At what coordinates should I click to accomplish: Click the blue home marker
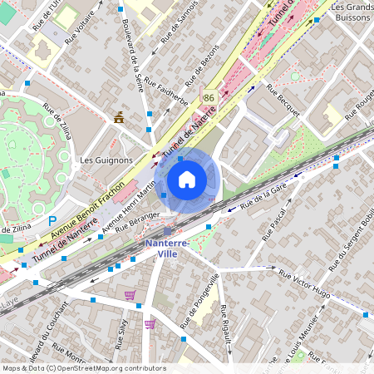(187, 180)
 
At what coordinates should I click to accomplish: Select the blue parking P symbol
(52, 222)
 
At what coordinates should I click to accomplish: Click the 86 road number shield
(208, 98)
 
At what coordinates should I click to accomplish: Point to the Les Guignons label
(106, 159)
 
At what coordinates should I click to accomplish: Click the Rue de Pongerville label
(200, 302)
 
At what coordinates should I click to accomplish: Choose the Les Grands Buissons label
(349, 12)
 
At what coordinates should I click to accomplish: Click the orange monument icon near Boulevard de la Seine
(120, 116)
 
